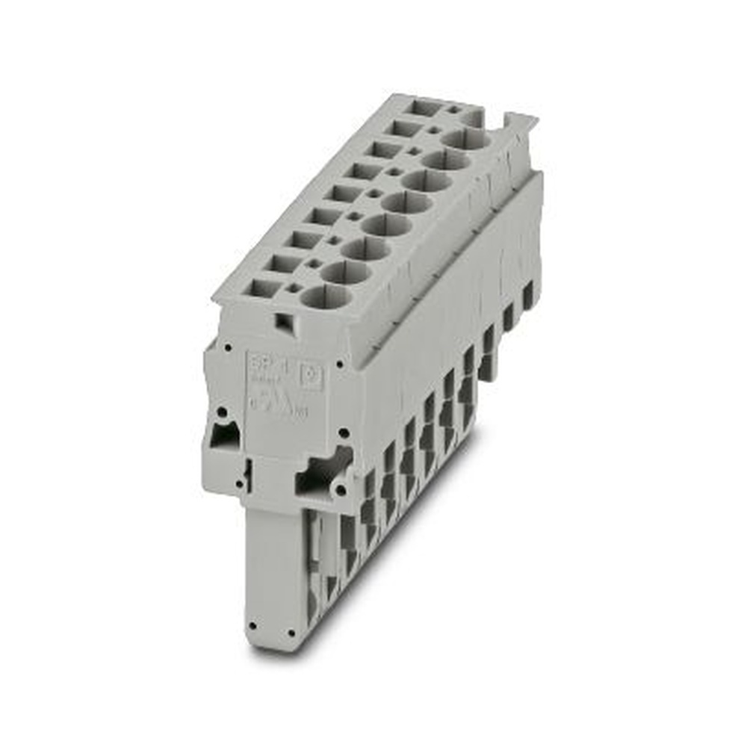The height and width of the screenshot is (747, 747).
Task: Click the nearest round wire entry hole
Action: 326,297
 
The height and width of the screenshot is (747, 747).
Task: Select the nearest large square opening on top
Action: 258,287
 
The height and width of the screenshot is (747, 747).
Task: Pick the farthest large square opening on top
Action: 426,108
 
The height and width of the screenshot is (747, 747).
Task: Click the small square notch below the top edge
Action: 283,322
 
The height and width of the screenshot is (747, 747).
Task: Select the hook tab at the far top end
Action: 520,122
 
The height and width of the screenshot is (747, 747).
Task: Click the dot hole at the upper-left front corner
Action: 224,347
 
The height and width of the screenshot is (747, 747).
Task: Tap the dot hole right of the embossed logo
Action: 341,365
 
